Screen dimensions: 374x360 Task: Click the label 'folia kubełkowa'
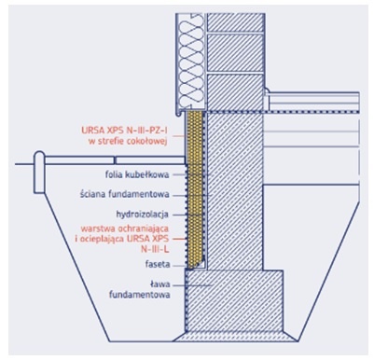coord(137,174)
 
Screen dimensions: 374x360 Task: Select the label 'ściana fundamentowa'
coord(125,195)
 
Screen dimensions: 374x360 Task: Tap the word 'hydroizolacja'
coord(143,215)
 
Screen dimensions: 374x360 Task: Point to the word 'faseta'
coord(158,265)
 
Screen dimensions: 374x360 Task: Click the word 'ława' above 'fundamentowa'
coord(159,284)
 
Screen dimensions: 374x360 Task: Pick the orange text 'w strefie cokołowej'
coord(128,142)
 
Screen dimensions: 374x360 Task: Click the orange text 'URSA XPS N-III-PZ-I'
coord(124,131)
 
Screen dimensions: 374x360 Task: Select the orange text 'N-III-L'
coord(155,249)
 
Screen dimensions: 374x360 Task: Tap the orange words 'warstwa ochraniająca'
coord(125,228)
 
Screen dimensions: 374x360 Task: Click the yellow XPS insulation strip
coord(195,189)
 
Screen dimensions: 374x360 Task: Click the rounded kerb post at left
coord(39,172)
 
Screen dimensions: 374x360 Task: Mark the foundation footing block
coord(235,301)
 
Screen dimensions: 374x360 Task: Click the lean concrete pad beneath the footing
coord(235,337)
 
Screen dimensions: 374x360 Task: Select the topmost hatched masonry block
coord(235,22)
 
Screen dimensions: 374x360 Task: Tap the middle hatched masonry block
coord(235,52)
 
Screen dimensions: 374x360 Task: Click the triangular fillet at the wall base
coord(199,264)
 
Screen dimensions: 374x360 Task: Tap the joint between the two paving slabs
coord(115,160)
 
